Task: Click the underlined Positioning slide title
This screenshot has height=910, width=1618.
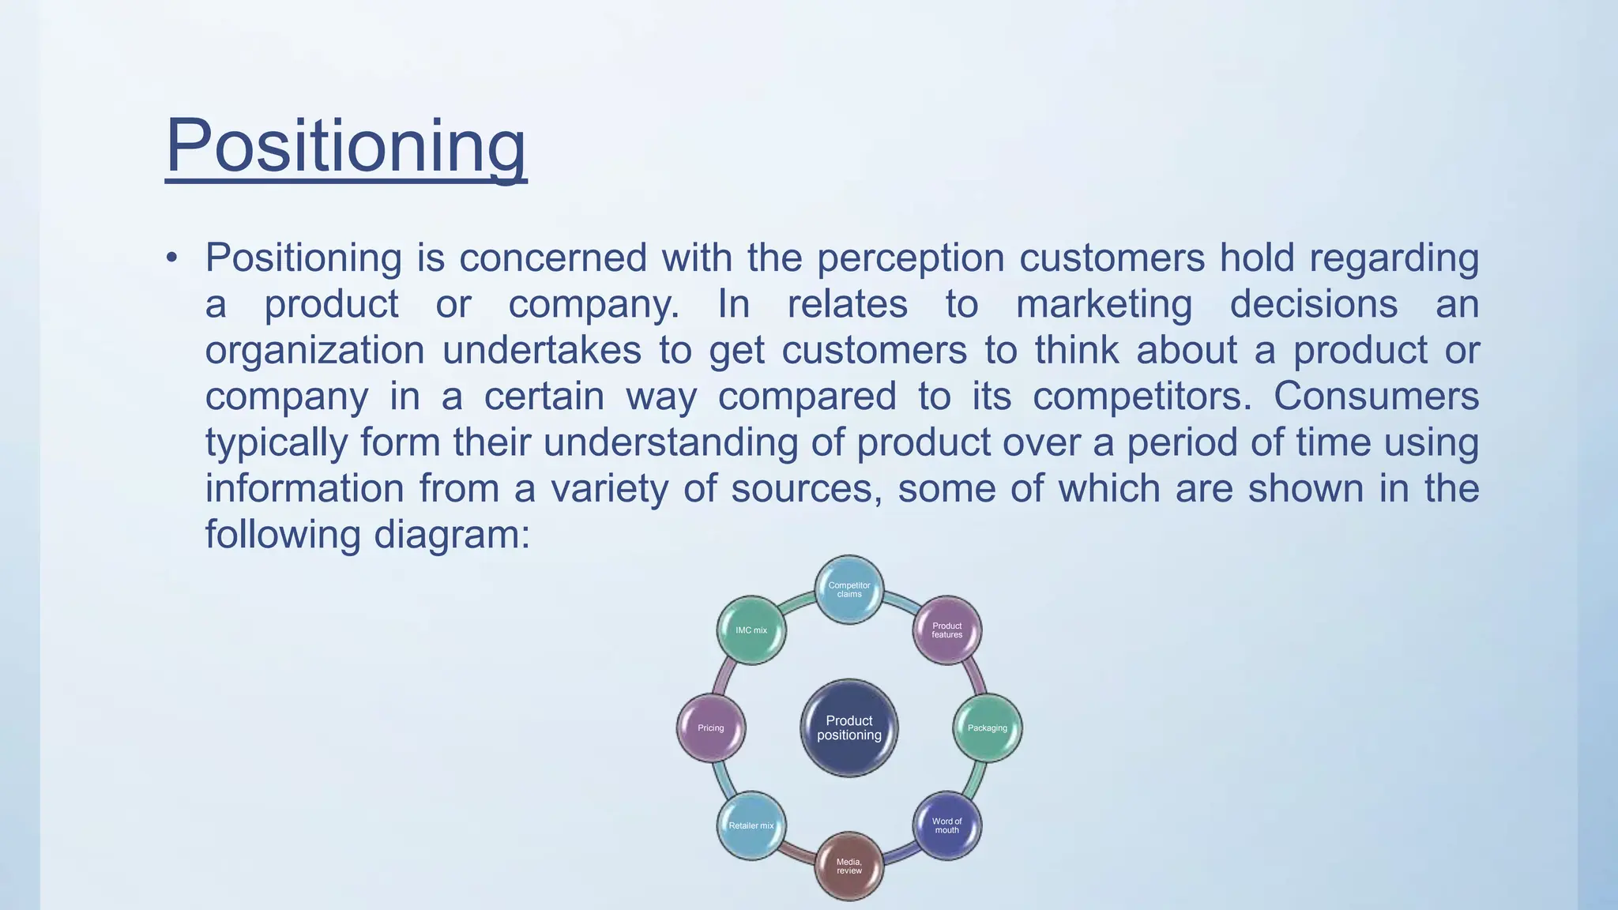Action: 345,146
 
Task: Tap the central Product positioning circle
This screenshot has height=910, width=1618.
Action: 849,728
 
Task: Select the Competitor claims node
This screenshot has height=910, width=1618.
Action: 849,589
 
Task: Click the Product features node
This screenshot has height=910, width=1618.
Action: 946,630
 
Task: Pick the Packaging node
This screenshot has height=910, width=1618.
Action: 988,728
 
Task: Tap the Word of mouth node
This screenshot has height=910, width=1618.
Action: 946,825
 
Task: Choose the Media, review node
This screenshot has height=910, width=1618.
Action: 849,866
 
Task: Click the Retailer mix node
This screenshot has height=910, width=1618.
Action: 751,825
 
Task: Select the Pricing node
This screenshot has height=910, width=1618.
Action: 711,728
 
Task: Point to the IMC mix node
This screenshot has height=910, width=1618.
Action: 751,630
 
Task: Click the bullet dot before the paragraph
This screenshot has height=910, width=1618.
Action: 171,258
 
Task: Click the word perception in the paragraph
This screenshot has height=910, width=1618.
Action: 910,258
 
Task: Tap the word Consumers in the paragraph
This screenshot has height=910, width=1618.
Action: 1375,396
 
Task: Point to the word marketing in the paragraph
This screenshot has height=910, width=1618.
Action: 1104,305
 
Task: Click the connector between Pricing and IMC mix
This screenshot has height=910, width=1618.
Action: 724,677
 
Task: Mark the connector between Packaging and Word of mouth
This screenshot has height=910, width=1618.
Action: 974,779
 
